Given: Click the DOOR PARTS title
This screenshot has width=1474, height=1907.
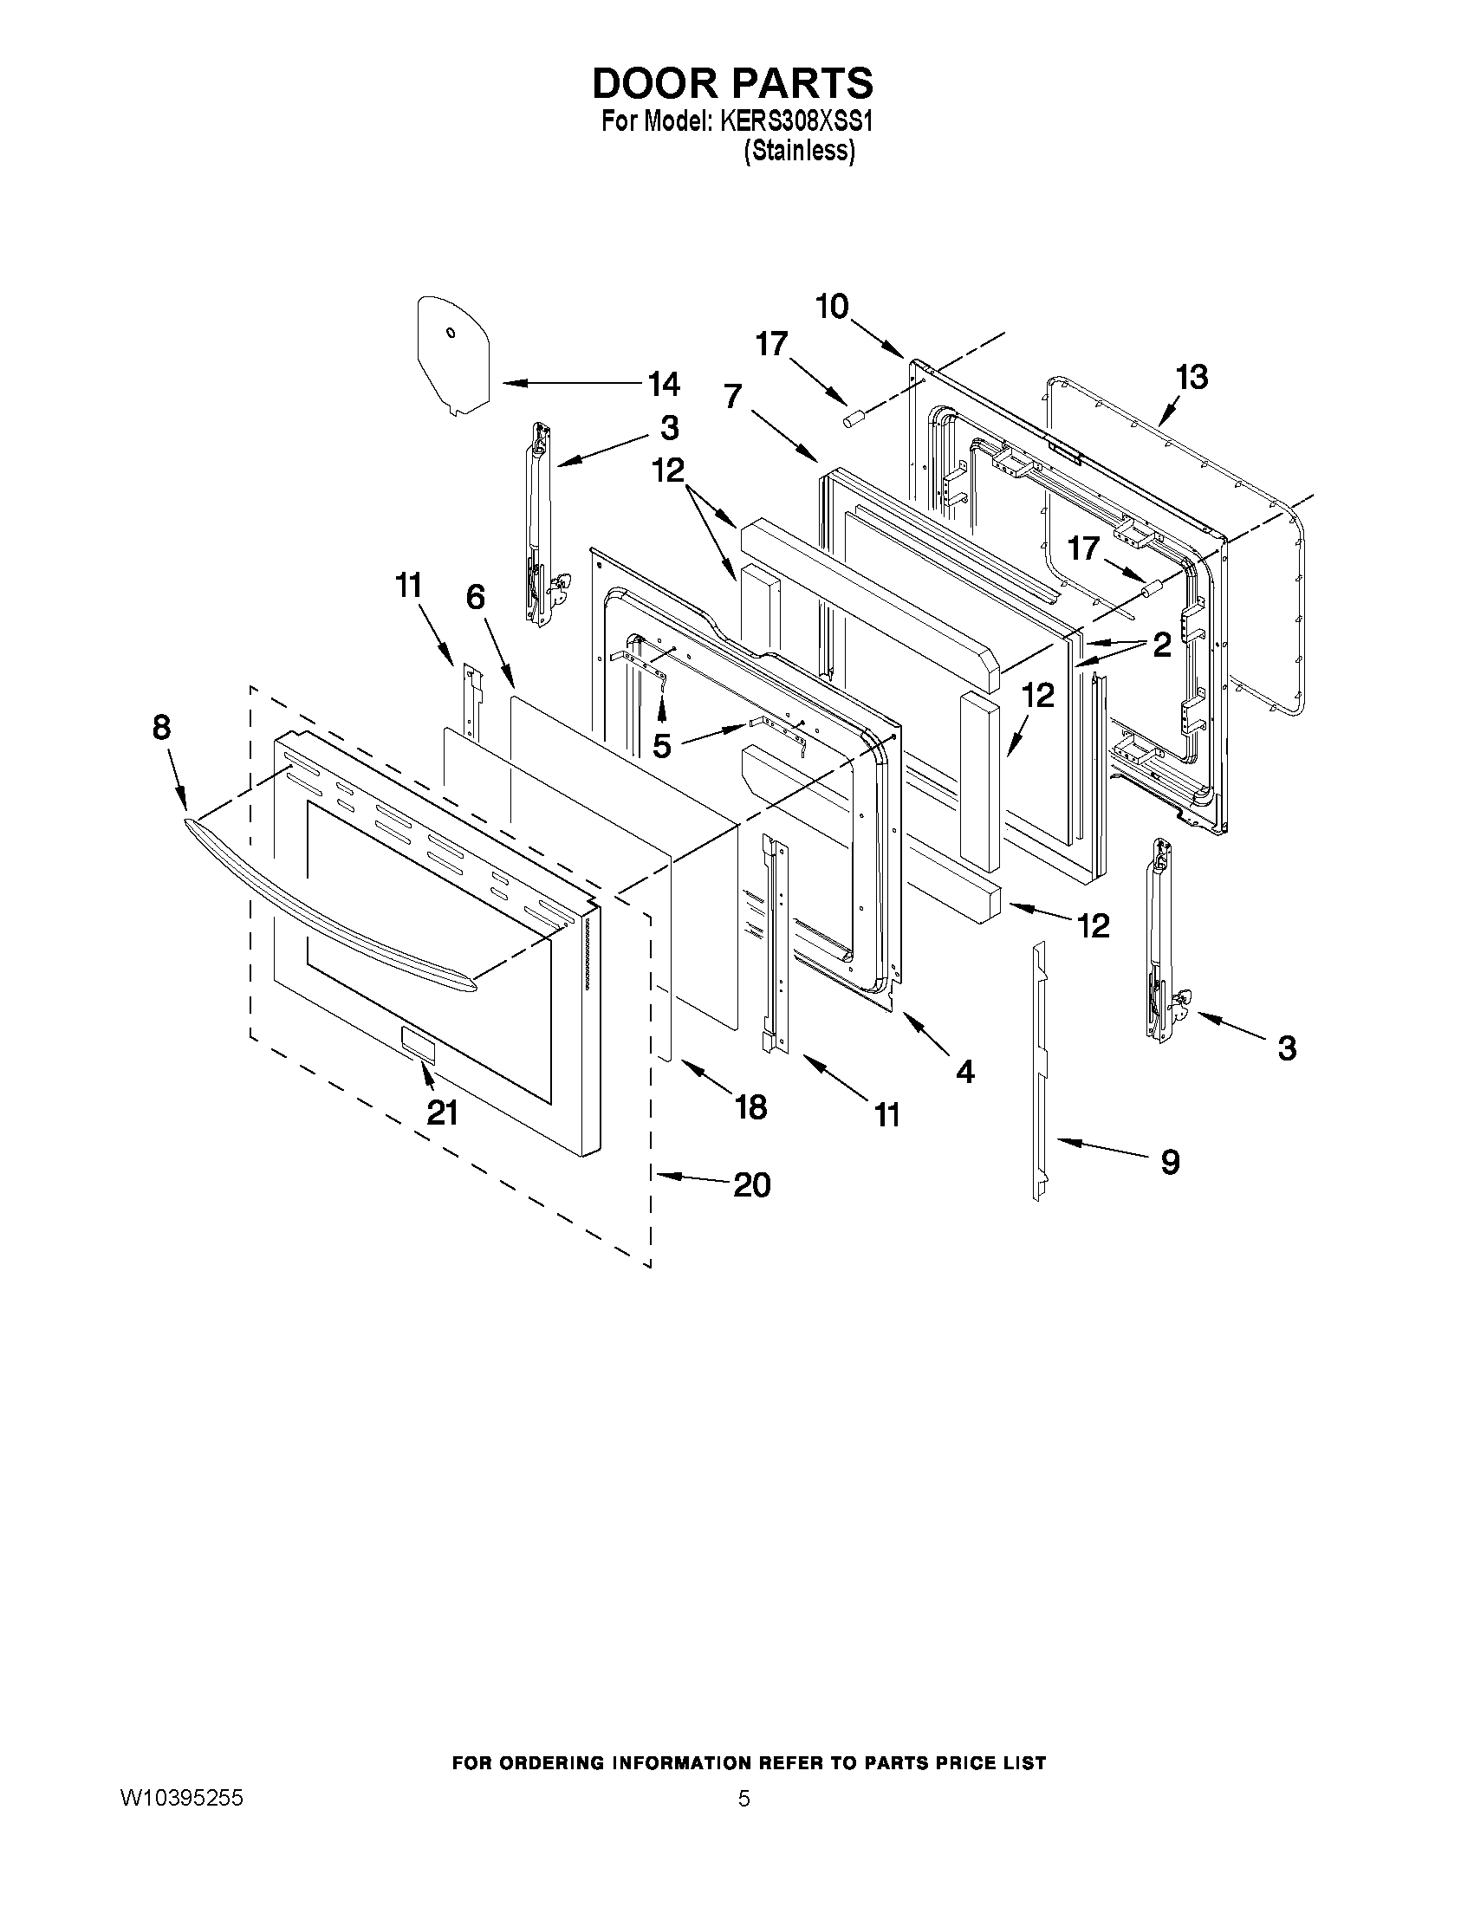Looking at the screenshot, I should [x=731, y=83].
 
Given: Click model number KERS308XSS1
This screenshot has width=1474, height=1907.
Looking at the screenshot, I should [x=795, y=122].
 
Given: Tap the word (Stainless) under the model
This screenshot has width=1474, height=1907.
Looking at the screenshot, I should [x=798, y=151].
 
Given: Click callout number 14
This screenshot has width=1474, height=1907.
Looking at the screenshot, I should [x=663, y=383].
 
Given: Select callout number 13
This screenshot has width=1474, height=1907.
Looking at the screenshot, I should [x=1192, y=377].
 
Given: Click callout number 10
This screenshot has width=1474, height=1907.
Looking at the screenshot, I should [x=831, y=308].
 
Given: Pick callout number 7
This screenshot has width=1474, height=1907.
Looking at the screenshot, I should [x=732, y=399].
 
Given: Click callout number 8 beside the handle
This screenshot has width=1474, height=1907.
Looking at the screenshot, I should [x=161, y=726].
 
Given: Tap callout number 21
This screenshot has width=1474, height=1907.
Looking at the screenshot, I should [x=442, y=1113].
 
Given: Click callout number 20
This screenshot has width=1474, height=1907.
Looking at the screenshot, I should [x=751, y=1185].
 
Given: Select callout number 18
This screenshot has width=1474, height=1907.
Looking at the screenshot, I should [x=750, y=1107].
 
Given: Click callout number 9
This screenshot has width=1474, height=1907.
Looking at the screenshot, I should [x=1170, y=1161].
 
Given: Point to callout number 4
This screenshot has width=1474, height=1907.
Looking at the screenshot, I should [x=964, y=1072].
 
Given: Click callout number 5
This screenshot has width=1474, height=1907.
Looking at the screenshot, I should [x=662, y=746].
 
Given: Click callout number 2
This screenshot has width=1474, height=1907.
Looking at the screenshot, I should [x=1160, y=645].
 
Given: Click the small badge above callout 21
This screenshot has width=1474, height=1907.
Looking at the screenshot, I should [x=418, y=1044].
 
